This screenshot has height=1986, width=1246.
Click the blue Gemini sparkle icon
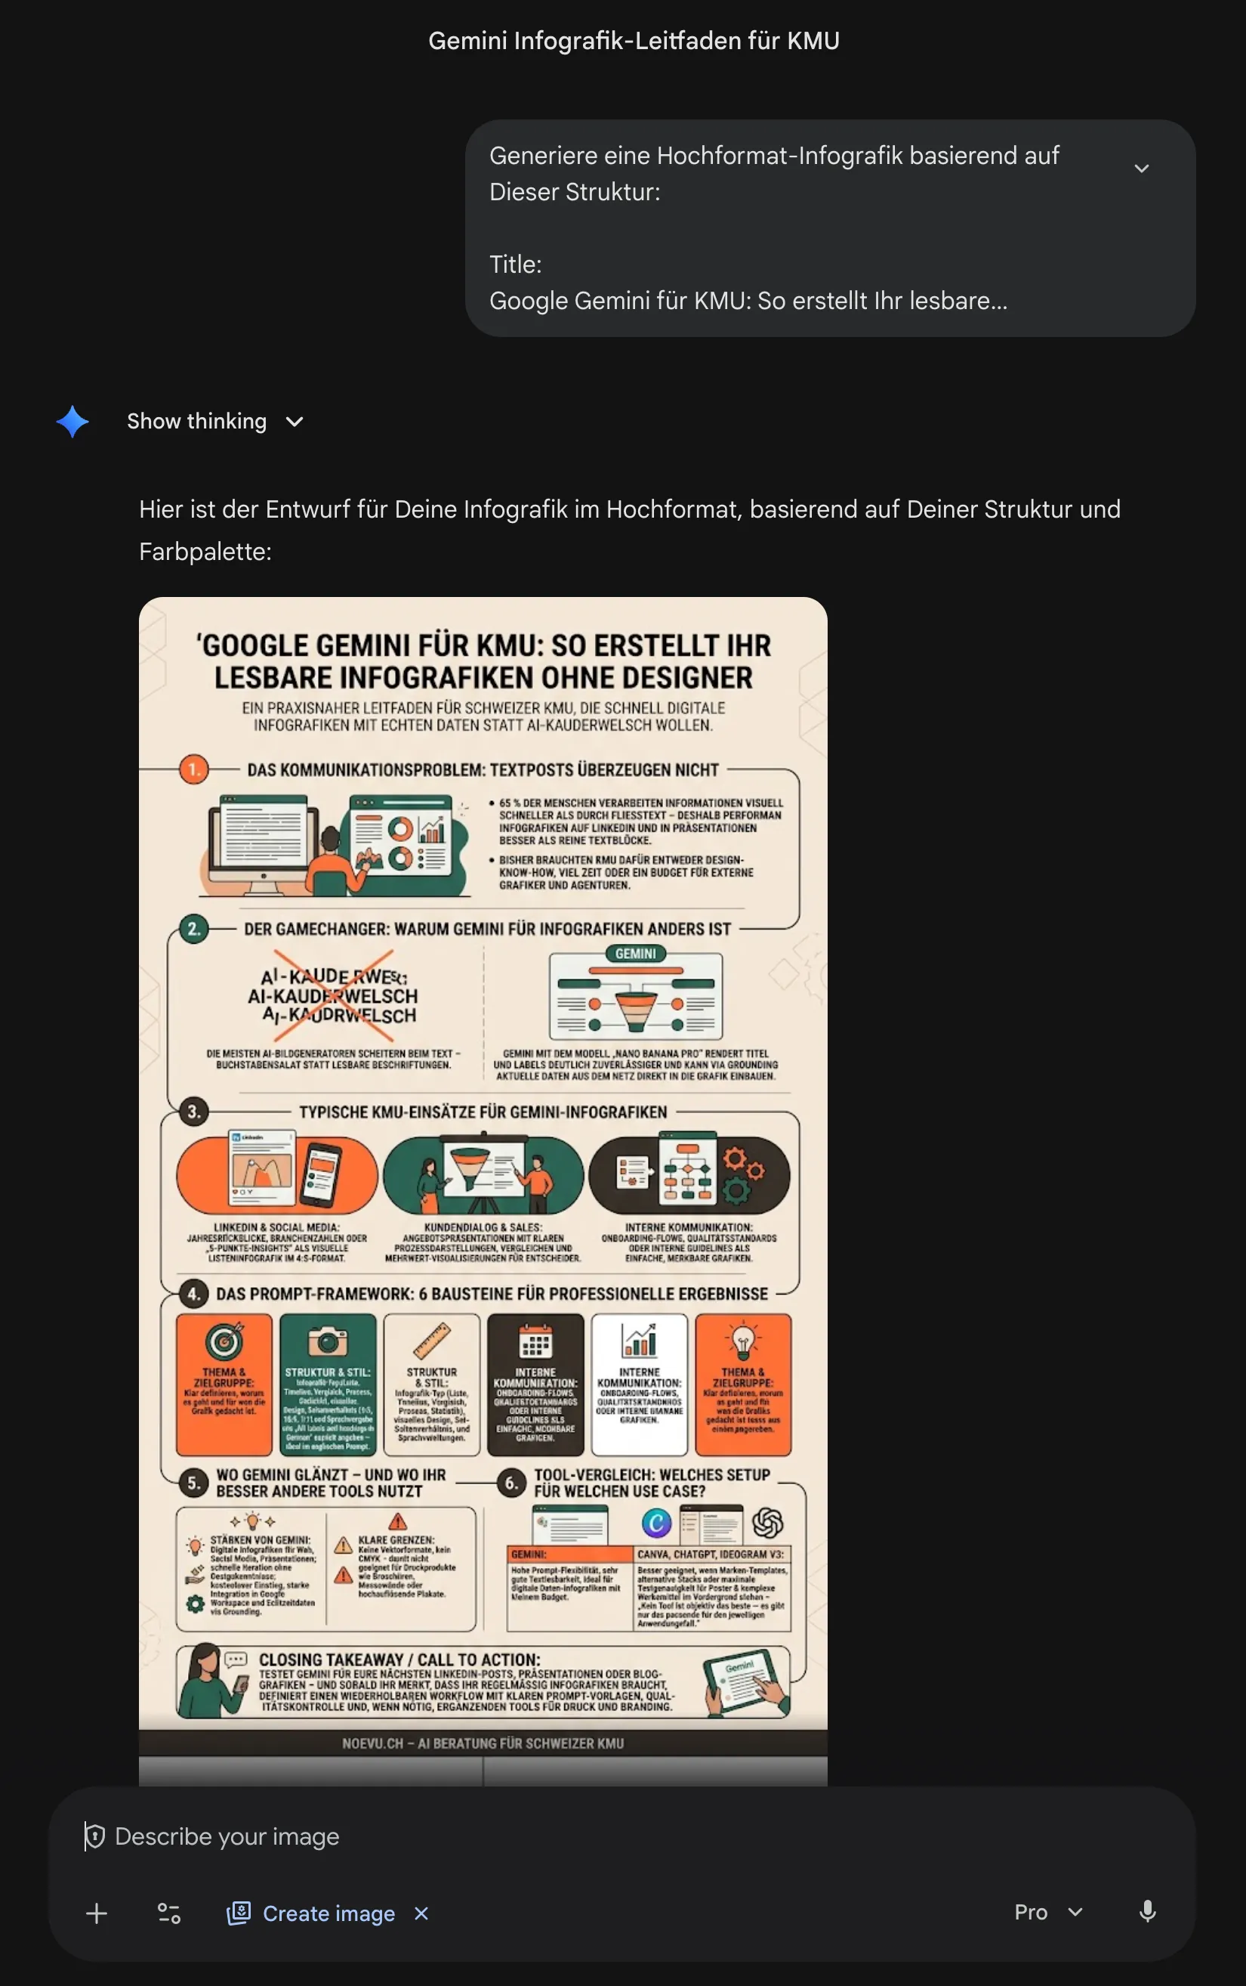[72, 421]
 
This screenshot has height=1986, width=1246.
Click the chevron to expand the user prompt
[1140, 169]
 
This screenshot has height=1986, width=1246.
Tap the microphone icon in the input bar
[1146, 1911]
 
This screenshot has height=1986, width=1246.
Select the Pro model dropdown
[1047, 1912]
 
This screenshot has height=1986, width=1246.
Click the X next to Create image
[421, 1913]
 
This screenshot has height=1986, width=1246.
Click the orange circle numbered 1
[193, 769]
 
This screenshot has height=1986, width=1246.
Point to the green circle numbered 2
[193, 928]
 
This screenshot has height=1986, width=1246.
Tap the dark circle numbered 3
[193, 1112]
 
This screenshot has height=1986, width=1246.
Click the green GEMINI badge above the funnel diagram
[635, 953]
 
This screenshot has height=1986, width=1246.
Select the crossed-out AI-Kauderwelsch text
[334, 996]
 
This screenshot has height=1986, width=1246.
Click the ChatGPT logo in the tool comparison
[767, 1522]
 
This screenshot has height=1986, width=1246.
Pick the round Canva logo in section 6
[656, 1523]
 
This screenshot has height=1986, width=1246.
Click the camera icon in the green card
[327, 1341]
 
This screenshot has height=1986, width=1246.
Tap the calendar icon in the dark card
[535, 1341]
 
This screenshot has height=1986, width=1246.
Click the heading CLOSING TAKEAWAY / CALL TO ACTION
[399, 1659]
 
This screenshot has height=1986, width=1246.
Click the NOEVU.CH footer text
[482, 1743]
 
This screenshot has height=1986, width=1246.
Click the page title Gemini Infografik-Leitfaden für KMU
[633, 40]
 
